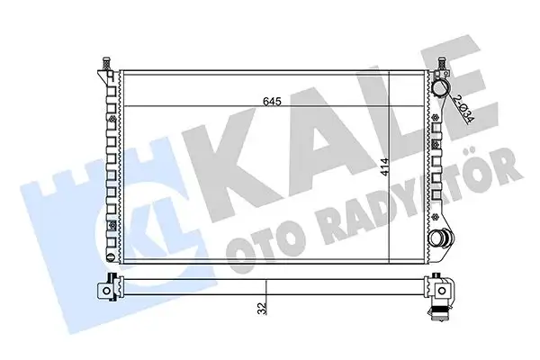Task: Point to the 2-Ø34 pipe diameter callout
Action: coord(461,110)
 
